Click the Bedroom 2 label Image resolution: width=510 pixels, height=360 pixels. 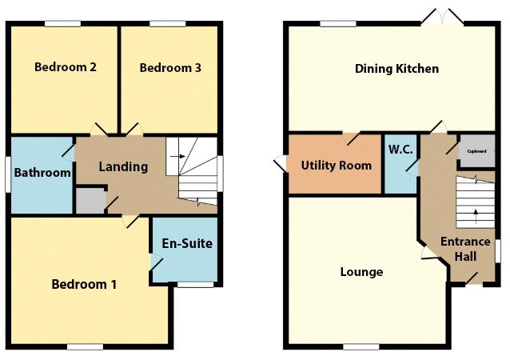(66, 68)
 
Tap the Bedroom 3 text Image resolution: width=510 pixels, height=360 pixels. (169, 68)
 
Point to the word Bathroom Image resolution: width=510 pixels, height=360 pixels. (43, 172)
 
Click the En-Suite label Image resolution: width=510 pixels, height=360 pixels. (187, 243)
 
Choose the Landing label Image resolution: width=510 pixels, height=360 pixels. (123, 167)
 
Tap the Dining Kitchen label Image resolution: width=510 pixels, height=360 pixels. (396, 69)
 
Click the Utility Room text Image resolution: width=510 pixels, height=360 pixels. (336, 166)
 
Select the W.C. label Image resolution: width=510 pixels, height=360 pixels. (400, 150)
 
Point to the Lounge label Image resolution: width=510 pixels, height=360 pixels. (361, 272)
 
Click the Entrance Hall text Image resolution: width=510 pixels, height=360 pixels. (466, 249)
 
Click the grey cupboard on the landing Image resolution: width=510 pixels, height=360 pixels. (90, 200)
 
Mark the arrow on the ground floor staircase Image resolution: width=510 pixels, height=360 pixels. (476, 213)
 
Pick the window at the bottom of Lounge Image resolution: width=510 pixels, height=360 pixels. (361, 346)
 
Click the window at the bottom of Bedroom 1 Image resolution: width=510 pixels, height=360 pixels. (84, 346)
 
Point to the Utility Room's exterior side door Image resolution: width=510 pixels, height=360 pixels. (281, 162)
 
